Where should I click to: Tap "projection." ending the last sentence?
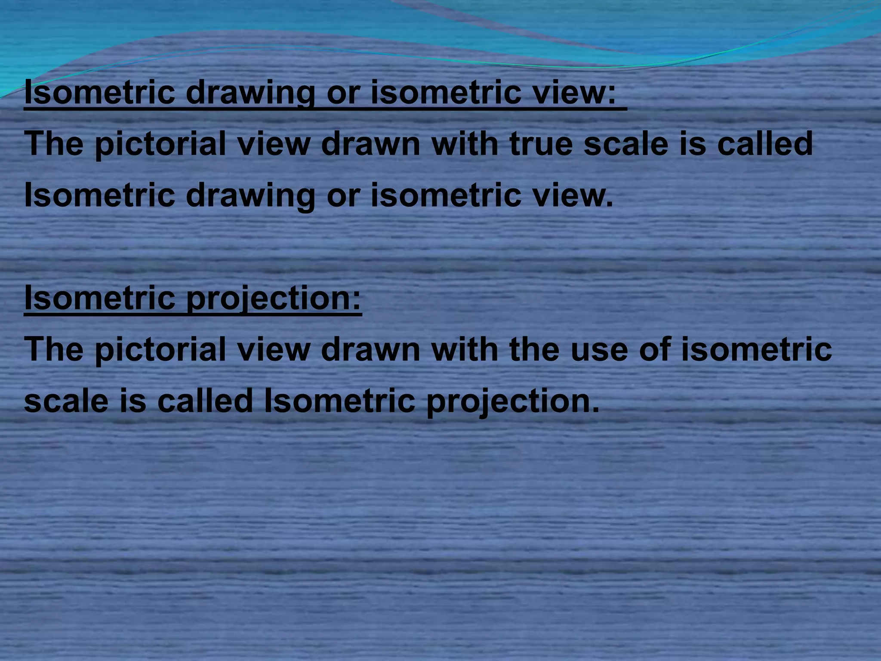pos(512,401)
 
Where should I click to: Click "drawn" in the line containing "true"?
pos(370,144)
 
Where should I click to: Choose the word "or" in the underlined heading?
pos(342,93)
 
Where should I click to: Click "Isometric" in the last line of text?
pos(339,401)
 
